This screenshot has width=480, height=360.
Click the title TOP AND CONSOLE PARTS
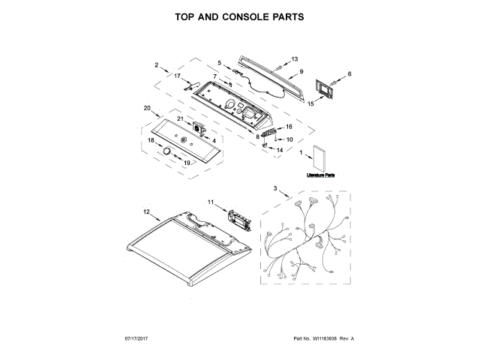(239, 16)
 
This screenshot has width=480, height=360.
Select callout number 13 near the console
(294, 58)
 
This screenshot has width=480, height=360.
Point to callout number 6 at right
(349, 73)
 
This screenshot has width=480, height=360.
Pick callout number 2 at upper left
(157, 64)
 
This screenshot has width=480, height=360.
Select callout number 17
(178, 76)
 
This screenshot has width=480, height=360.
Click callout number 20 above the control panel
(147, 108)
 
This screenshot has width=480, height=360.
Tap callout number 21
(180, 119)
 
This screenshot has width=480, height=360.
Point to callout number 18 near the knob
(151, 140)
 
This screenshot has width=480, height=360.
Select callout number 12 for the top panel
(147, 212)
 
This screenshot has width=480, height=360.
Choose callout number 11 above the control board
(211, 202)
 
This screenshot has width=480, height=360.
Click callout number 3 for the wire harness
(275, 187)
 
